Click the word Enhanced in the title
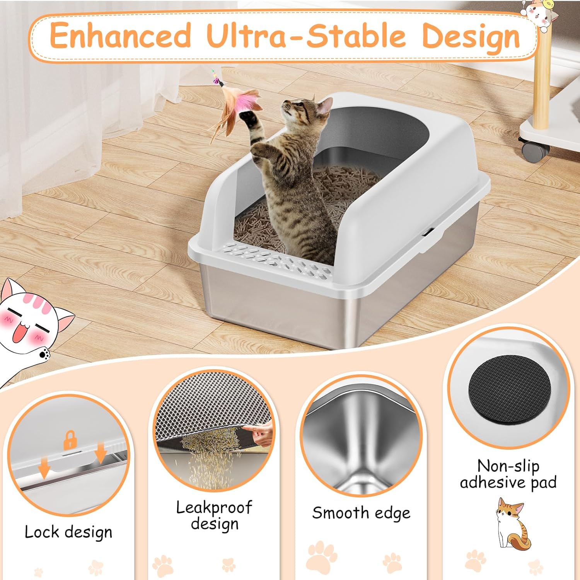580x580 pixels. (121, 35)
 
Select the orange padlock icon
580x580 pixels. (70, 440)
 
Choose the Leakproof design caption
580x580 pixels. (214, 515)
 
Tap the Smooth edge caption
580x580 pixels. (361, 513)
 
